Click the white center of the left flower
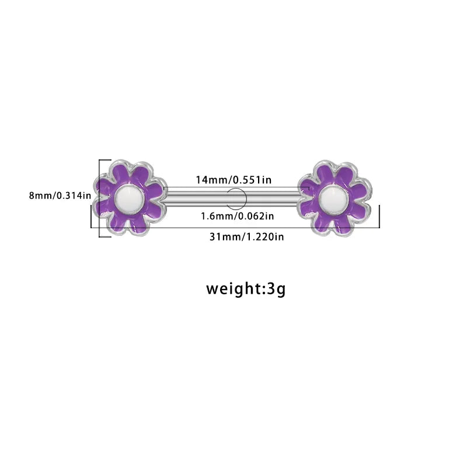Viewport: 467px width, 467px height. coord(130,198)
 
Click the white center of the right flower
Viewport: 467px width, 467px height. coord(334,198)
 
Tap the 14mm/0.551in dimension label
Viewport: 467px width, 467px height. coord(233,180)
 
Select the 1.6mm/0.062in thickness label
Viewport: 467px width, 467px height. coord(238,216)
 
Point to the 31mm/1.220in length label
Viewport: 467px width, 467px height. coord(246,237)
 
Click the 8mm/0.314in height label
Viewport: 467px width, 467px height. coord(60,196)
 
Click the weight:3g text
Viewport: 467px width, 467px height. coord(246,288)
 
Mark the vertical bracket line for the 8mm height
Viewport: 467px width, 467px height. coord(99,198)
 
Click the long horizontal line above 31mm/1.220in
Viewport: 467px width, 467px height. coord(235,228)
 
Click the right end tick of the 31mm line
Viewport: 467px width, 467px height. coord(379,217)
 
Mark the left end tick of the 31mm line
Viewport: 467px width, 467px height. coord(91,217)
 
